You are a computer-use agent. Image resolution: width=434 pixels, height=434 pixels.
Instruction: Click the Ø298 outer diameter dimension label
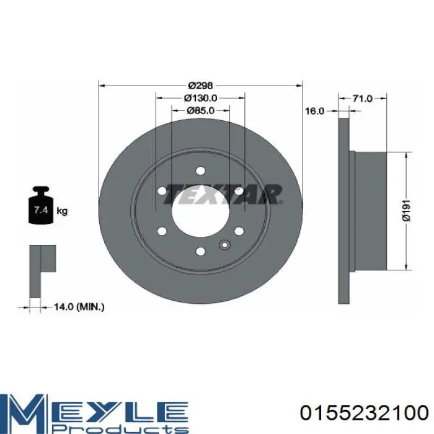coord(200,86)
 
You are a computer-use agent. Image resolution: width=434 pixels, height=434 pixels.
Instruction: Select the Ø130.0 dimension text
coord(200,98)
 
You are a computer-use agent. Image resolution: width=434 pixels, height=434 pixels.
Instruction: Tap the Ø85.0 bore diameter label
coord(200,110)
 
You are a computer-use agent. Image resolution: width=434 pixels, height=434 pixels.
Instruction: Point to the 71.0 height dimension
coord(363,98)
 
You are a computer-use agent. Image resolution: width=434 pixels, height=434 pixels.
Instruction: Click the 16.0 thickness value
coord(314,111)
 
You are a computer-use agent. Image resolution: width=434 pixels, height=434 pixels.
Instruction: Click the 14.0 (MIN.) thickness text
coord(79,307)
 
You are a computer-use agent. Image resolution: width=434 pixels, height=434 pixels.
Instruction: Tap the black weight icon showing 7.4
coord(40,205)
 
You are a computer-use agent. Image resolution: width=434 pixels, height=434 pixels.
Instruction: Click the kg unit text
coord(62,211)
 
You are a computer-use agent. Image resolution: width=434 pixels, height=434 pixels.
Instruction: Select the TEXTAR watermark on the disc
coord(223,194)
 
